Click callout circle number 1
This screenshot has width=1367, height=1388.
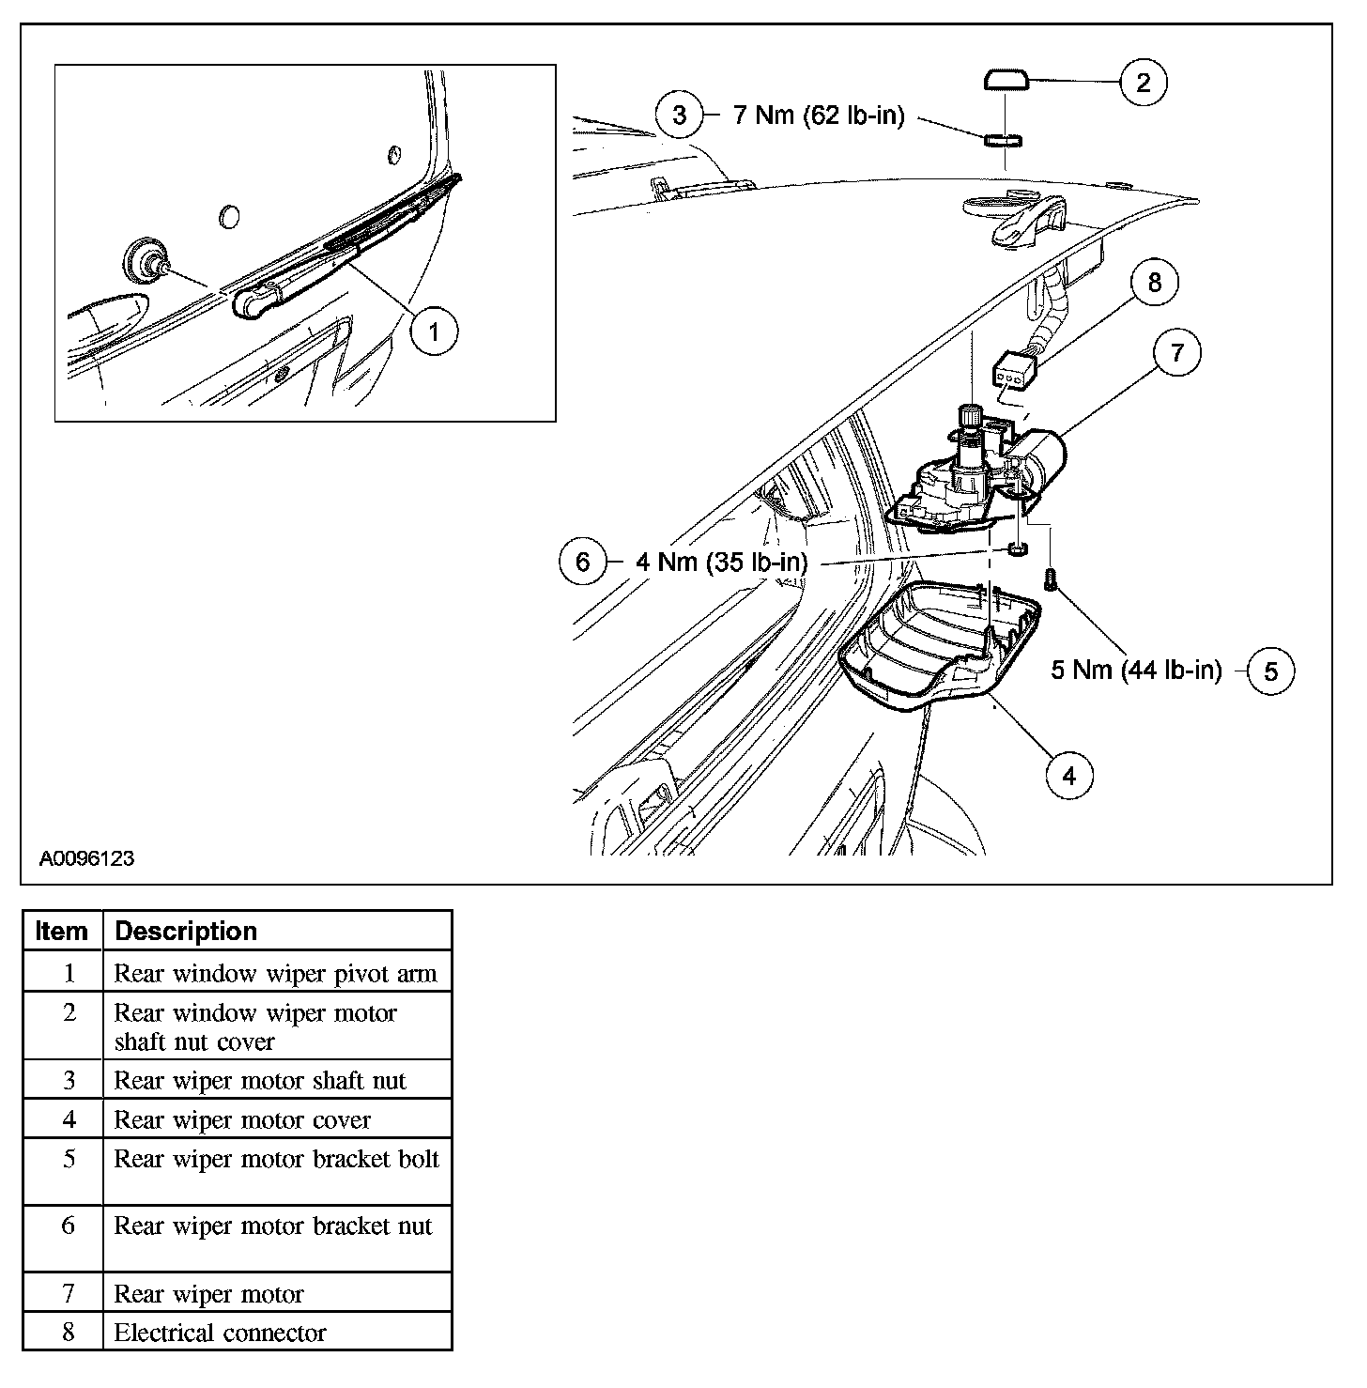433,332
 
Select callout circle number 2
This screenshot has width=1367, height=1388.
1143,83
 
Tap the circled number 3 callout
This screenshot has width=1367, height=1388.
680,116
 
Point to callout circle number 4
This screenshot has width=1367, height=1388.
1069,775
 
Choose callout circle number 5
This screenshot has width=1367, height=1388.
1271,671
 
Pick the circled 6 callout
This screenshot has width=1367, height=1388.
583,562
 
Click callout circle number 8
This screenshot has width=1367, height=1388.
1155,282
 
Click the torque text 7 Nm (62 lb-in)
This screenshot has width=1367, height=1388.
818,116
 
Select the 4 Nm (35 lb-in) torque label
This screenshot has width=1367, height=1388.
721,562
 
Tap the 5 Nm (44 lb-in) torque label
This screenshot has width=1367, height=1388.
1136,671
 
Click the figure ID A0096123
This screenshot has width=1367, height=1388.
86,858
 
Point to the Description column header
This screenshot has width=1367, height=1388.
186,931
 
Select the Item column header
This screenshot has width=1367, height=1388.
62,931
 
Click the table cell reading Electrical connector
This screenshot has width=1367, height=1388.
220,1333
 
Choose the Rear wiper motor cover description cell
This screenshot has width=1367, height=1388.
242,1119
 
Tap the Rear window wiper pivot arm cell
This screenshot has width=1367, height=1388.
275,973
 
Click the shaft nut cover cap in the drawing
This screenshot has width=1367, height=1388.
1006,80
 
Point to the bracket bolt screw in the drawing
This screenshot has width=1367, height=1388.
1051,580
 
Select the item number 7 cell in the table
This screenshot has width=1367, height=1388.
69,1293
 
